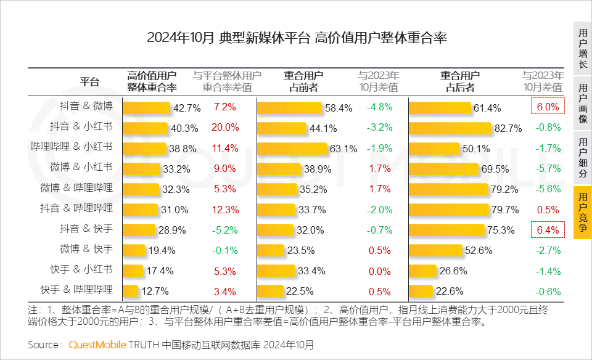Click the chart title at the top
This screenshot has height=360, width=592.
pos(296,38)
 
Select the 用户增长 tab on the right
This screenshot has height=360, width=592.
pos(582,49)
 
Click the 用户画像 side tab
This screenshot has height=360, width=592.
pos(582,103)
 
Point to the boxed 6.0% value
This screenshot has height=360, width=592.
pos(548,107)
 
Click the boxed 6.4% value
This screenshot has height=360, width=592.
pos(548,231)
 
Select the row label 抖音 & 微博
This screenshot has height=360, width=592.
pos(86,107)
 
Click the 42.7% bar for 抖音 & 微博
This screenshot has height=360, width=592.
pos(147,108)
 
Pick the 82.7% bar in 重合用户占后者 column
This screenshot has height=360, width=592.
pos(450,128)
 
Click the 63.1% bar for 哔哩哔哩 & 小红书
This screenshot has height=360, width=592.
pos(292,149)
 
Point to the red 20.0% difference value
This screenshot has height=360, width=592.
pos(225,128)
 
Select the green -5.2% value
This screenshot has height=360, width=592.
pos(225,231)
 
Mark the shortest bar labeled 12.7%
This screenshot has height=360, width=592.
pos(131,291)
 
